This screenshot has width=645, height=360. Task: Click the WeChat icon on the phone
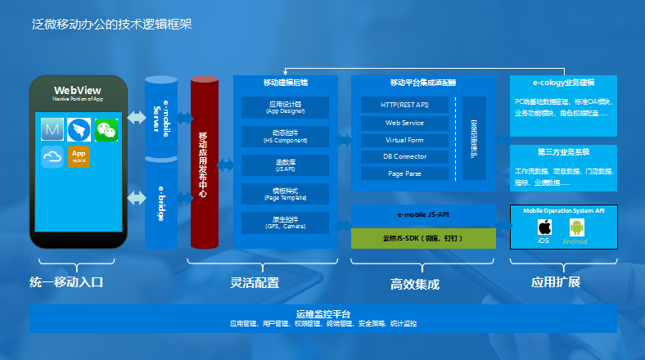(x=106, y=129)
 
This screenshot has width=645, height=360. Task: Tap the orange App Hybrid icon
(x=79, y=155)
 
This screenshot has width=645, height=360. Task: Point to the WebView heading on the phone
(x=78, y=90)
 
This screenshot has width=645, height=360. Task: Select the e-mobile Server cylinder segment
(x=161, y=117)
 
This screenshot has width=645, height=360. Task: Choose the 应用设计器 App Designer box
(x=285, y=107)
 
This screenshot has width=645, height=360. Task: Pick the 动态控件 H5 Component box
(x=285, y=136)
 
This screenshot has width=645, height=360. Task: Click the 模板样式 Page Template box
(x=285, y=194)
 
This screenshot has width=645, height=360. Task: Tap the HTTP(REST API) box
(x=405, y=105)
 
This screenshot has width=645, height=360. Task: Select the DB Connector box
(x=405, y=156)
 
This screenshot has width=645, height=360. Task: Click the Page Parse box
(x=405, y=173)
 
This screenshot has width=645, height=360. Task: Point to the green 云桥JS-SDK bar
(x=423, y=238)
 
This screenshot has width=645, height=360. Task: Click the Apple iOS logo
(x=544, y=227)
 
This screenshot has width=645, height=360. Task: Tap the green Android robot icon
(x=575, y=227)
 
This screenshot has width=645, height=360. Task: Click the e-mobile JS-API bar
(x=423, y=214)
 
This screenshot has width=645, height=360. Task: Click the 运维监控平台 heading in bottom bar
(x=323, y=314)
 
